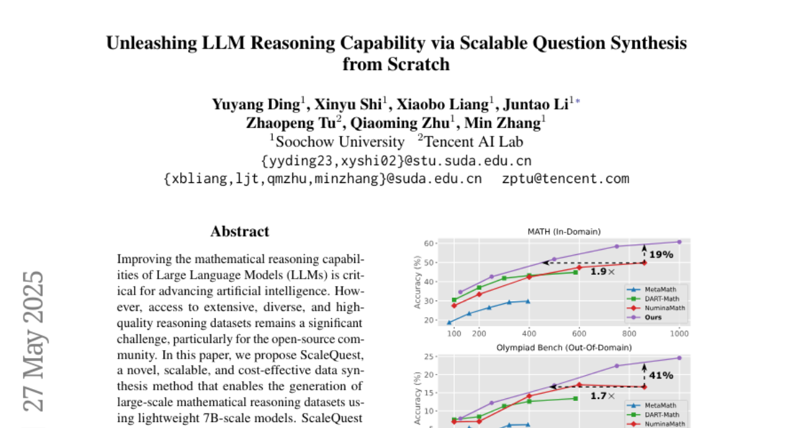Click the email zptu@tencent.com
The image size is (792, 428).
coord(566,178)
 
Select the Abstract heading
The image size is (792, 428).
coord(240,232)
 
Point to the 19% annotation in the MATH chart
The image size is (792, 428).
coord(661,254)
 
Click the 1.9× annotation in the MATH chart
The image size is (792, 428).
coord(603,271)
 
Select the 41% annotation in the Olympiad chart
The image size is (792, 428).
coord(661,375)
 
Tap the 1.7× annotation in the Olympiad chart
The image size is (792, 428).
coord(603,396)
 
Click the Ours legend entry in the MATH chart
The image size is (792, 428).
coord(653,317)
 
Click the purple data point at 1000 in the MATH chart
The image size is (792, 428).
coord(679,242)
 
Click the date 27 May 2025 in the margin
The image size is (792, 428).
coord(34,341)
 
